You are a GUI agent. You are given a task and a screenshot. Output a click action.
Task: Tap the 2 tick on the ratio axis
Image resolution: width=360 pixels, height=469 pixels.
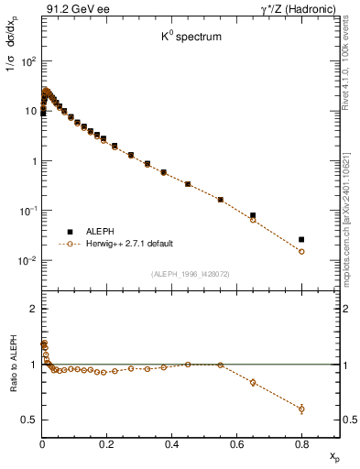32,309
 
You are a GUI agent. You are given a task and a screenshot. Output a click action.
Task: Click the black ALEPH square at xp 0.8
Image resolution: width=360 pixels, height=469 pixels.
301,239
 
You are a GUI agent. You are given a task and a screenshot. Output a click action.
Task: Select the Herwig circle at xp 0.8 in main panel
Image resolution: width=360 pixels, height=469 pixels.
301,251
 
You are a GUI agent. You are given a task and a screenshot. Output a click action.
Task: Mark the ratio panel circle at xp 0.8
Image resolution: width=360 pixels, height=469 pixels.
301,409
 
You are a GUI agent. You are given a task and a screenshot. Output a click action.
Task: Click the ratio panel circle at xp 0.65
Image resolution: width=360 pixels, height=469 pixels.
253,382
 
